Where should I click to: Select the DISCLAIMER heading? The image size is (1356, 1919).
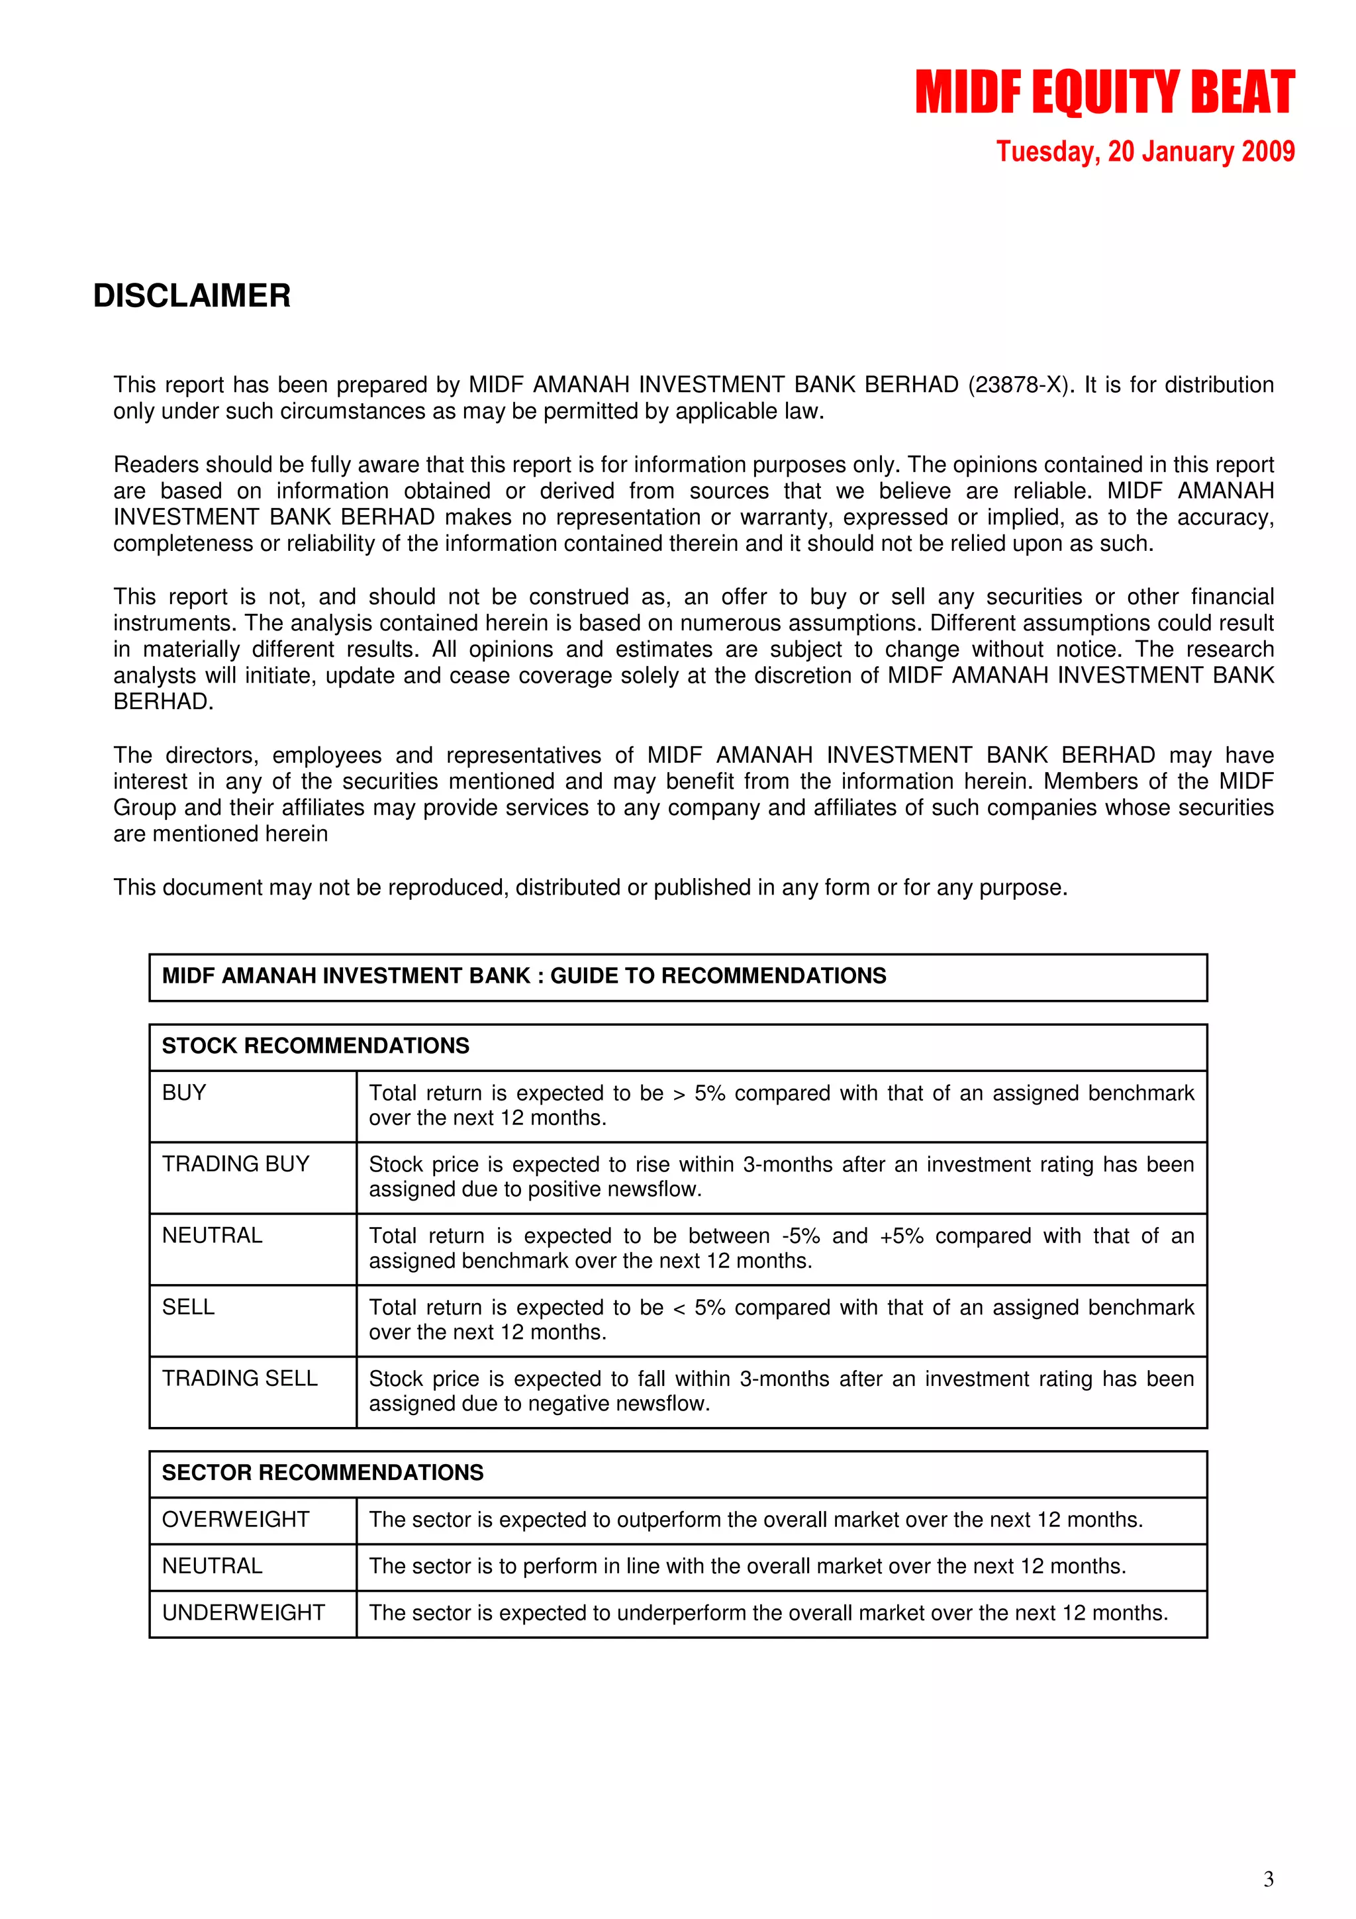coord(191,296)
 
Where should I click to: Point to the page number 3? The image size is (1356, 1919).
coord(1267,1879)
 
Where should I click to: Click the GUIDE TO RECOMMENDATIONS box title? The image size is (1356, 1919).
coord(524,976)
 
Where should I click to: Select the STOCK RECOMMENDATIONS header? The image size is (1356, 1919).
coord(315,1046)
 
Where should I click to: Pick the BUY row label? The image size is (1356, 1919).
coord(184,1093)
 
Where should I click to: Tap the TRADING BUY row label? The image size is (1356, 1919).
coord(236,1163)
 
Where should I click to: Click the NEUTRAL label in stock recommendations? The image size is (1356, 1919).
coord(213,1236)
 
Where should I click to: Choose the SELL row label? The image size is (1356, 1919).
coord(188,1306)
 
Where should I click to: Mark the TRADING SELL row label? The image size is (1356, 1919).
coord(240,1378)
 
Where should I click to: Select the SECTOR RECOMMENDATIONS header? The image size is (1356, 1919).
coord(322,1473)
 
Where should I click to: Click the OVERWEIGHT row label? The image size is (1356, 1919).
coord(236,1520)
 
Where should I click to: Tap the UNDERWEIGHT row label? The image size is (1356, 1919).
coord(243,1612)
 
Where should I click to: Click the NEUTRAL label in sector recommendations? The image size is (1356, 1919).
coord(213,1565)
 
